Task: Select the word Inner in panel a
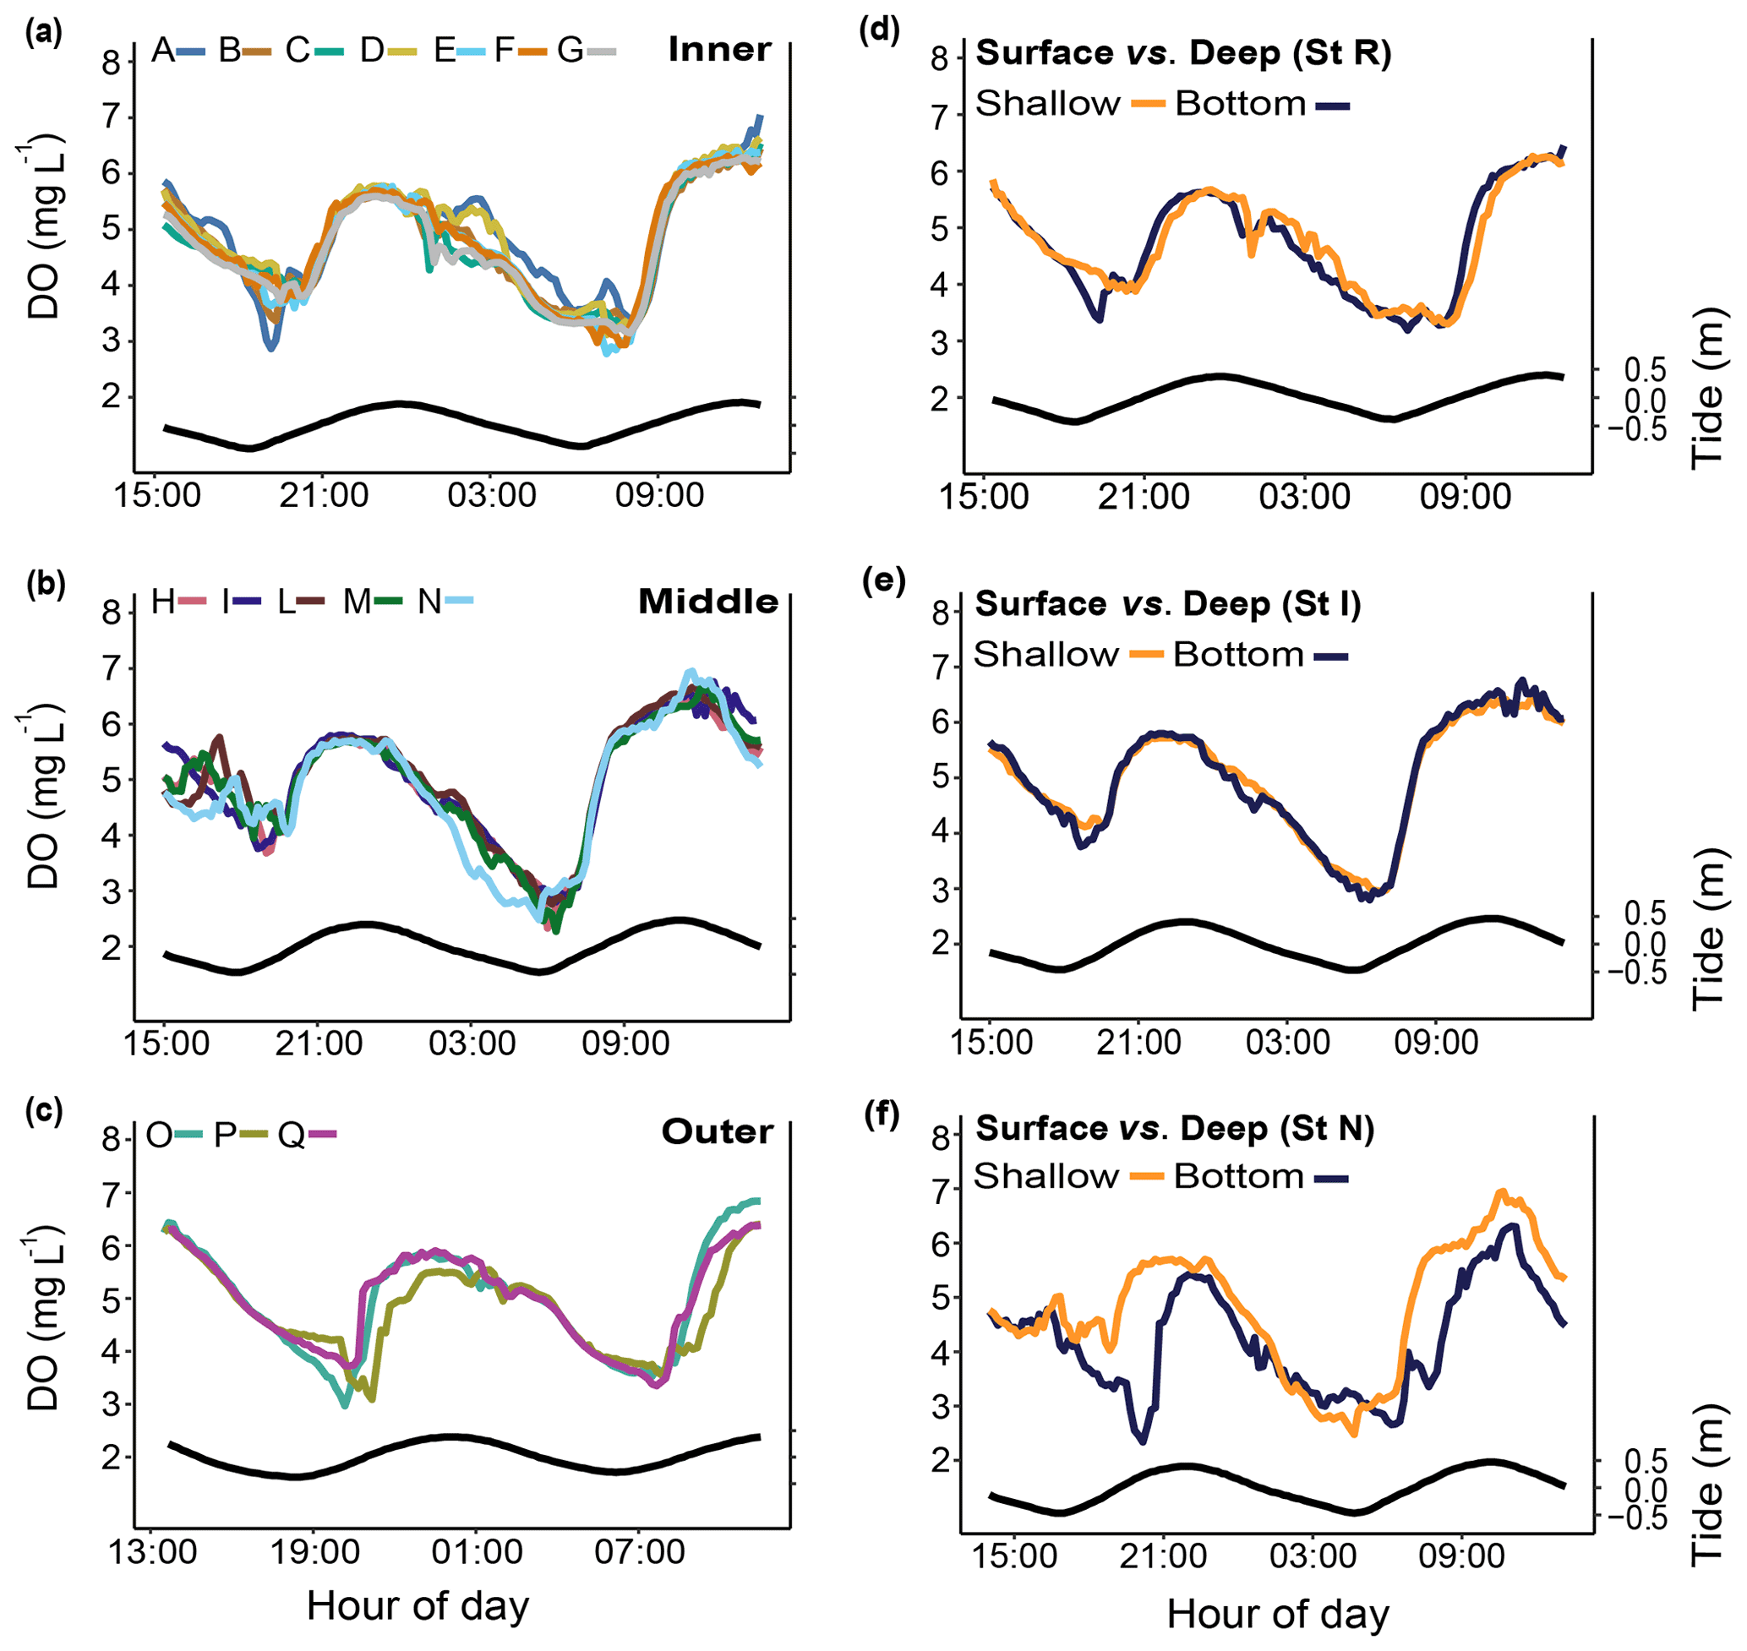point(719,49)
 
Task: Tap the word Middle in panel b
point(707,601)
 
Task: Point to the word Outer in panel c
point(717,1131)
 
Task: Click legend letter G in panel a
point(570,50)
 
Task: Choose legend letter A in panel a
point(163,50)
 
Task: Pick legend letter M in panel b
point(357,602)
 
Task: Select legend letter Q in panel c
point(292,1136)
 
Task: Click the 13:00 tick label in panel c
point(152,1550)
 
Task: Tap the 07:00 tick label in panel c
point(639,1550)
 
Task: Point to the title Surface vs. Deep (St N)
point(1175,1128)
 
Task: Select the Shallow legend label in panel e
point(1045,655)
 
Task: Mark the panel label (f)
point(882,1116)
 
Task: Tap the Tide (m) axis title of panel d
point(1707,387)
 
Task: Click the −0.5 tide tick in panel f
point(1636,1519)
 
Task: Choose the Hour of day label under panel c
point(418,1605)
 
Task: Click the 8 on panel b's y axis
point(111,612)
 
